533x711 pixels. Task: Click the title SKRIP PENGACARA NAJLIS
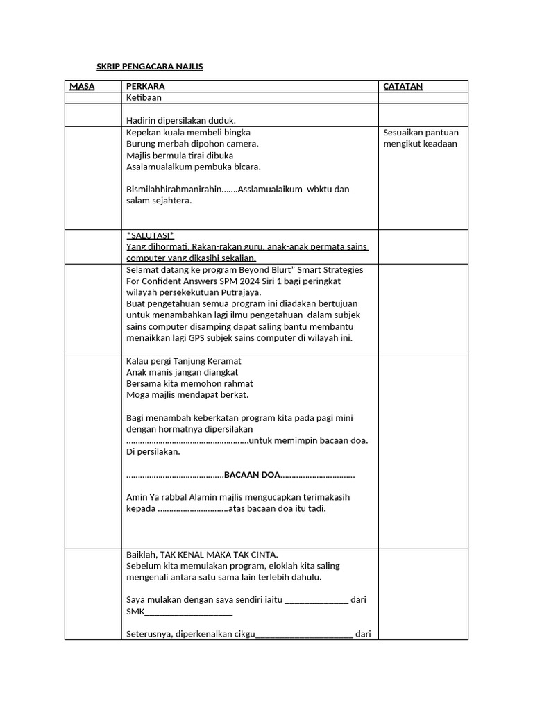point(149,67)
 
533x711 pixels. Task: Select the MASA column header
point(82,86)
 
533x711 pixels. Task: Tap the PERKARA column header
point(145,86)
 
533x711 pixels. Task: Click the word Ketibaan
point(144,98)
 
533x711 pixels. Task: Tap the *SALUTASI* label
point(150,235)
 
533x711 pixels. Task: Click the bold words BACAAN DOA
point(252,475)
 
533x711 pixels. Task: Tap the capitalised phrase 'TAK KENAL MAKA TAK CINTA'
point(219,554)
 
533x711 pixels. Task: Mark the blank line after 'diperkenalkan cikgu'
point(305,633)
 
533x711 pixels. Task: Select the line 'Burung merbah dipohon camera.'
point(192,144)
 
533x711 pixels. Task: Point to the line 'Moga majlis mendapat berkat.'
point(187,394)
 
